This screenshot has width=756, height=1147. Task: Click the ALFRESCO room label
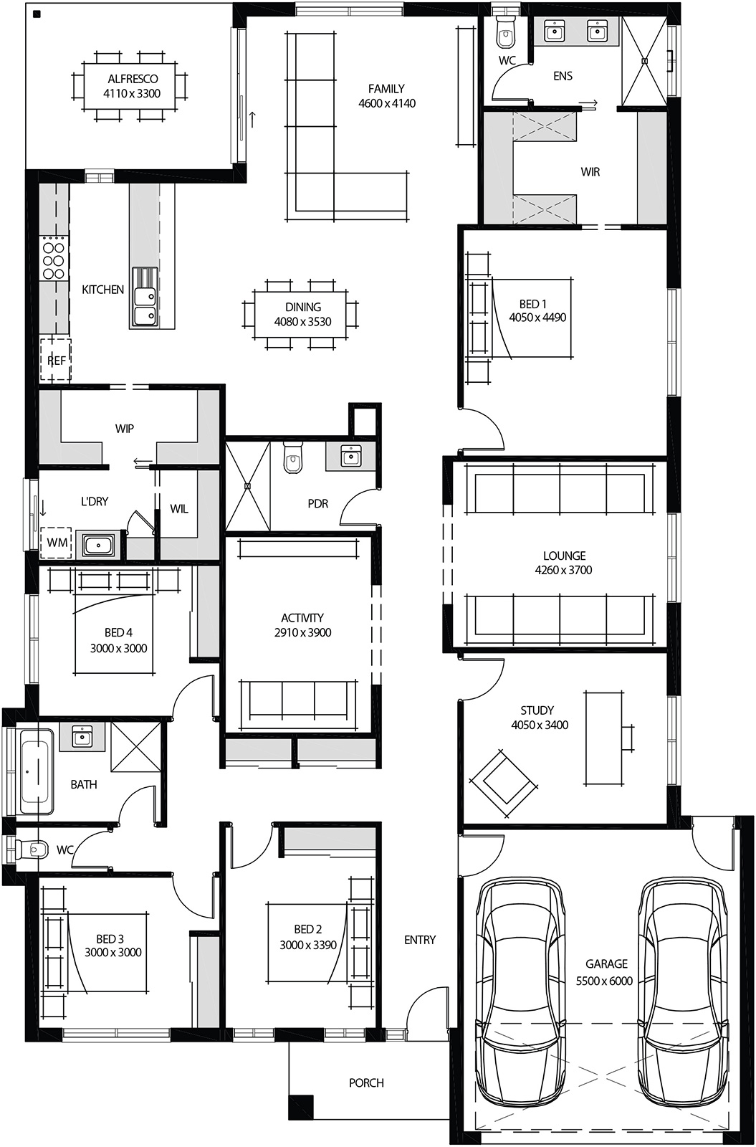pyautogui.click(x=132, y=79)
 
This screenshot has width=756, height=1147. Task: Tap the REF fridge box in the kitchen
pyautogui.click(x=56, y=361)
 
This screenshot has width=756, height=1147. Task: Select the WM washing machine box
pyautogui.click(x=57, y=543)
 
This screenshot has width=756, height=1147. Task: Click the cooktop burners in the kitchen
pyautogui.click(x=53, y=258)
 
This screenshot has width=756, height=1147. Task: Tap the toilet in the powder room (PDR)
pyautogui.click(x=293, y=458)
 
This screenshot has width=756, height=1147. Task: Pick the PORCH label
pyautogui.click(x=366, y=1082)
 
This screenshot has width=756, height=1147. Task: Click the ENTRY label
pyautogui.click(x=420, y=940)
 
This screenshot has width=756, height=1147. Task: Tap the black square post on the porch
pyautogui.click(x=301, y=1107)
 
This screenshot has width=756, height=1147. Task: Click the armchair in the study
pyautogui.click(x=503, y=781)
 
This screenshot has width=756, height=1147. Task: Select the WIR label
pyautogui.click(x=590, y=172)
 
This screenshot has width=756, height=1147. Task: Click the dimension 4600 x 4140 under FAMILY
pyautogui.click(x=387, y=103)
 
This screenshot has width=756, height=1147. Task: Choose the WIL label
pyautogui.click(x=179, y=509)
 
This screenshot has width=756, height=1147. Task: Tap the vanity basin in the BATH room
pyautogui.click(x=82, y=736)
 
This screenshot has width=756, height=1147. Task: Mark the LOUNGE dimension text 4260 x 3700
pyautogui.click(x=563, y=570)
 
